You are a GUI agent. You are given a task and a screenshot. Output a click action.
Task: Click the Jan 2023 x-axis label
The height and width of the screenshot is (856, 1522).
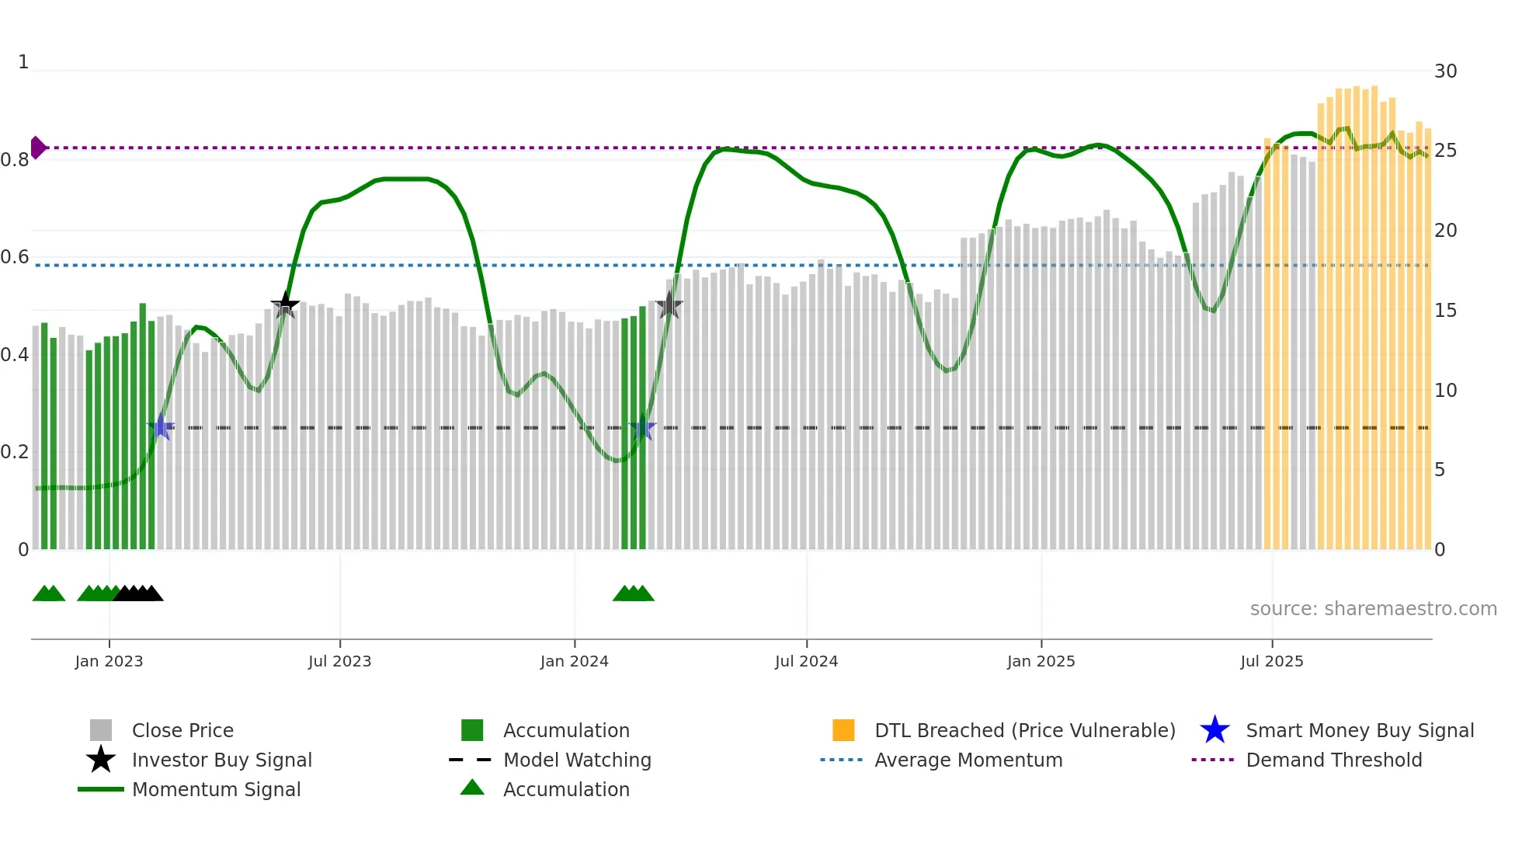point(109,661)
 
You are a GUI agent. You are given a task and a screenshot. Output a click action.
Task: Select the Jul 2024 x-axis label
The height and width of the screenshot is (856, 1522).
point(806,661)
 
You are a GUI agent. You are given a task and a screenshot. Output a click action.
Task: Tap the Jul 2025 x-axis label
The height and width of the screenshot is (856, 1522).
point(1271,661)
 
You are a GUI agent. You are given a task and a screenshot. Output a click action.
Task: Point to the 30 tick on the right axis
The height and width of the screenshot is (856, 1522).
point(1445,71)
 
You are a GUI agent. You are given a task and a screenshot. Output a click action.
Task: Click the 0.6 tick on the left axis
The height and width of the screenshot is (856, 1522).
point(15,257)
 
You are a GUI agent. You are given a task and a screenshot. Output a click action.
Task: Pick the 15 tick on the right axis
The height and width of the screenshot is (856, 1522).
point(1445,311)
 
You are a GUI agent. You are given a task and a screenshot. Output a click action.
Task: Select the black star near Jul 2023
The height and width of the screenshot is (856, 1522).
point(285,304)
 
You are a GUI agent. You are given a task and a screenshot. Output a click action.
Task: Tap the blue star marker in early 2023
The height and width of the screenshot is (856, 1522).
point(161,427)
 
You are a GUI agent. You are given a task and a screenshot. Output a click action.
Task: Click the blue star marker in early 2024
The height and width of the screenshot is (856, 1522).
point(642,427)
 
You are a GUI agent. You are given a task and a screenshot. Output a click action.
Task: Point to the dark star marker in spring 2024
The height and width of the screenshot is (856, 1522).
point(669,305)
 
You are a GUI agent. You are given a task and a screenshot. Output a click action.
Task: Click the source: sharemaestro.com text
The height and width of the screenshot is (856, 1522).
point(1373,609)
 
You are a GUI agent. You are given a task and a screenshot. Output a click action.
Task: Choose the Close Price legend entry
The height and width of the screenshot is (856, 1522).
point(182,730)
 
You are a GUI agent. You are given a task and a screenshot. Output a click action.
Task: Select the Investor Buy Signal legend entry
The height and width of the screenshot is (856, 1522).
point(221,760)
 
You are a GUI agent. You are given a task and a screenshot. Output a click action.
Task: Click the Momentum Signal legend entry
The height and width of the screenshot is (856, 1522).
point(216,789)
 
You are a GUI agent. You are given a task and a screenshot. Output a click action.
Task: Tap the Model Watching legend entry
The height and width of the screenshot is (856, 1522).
point(577,760)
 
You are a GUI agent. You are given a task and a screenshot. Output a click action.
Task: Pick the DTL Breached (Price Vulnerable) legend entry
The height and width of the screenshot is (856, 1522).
point(1024,730)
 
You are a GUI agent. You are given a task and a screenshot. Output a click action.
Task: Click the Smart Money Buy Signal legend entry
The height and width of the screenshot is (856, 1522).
point(1360,730)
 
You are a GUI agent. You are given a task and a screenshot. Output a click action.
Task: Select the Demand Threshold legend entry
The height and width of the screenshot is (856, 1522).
point(1333,760)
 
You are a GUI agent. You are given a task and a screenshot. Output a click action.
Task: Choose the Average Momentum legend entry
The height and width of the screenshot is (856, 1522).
point(968,760)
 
